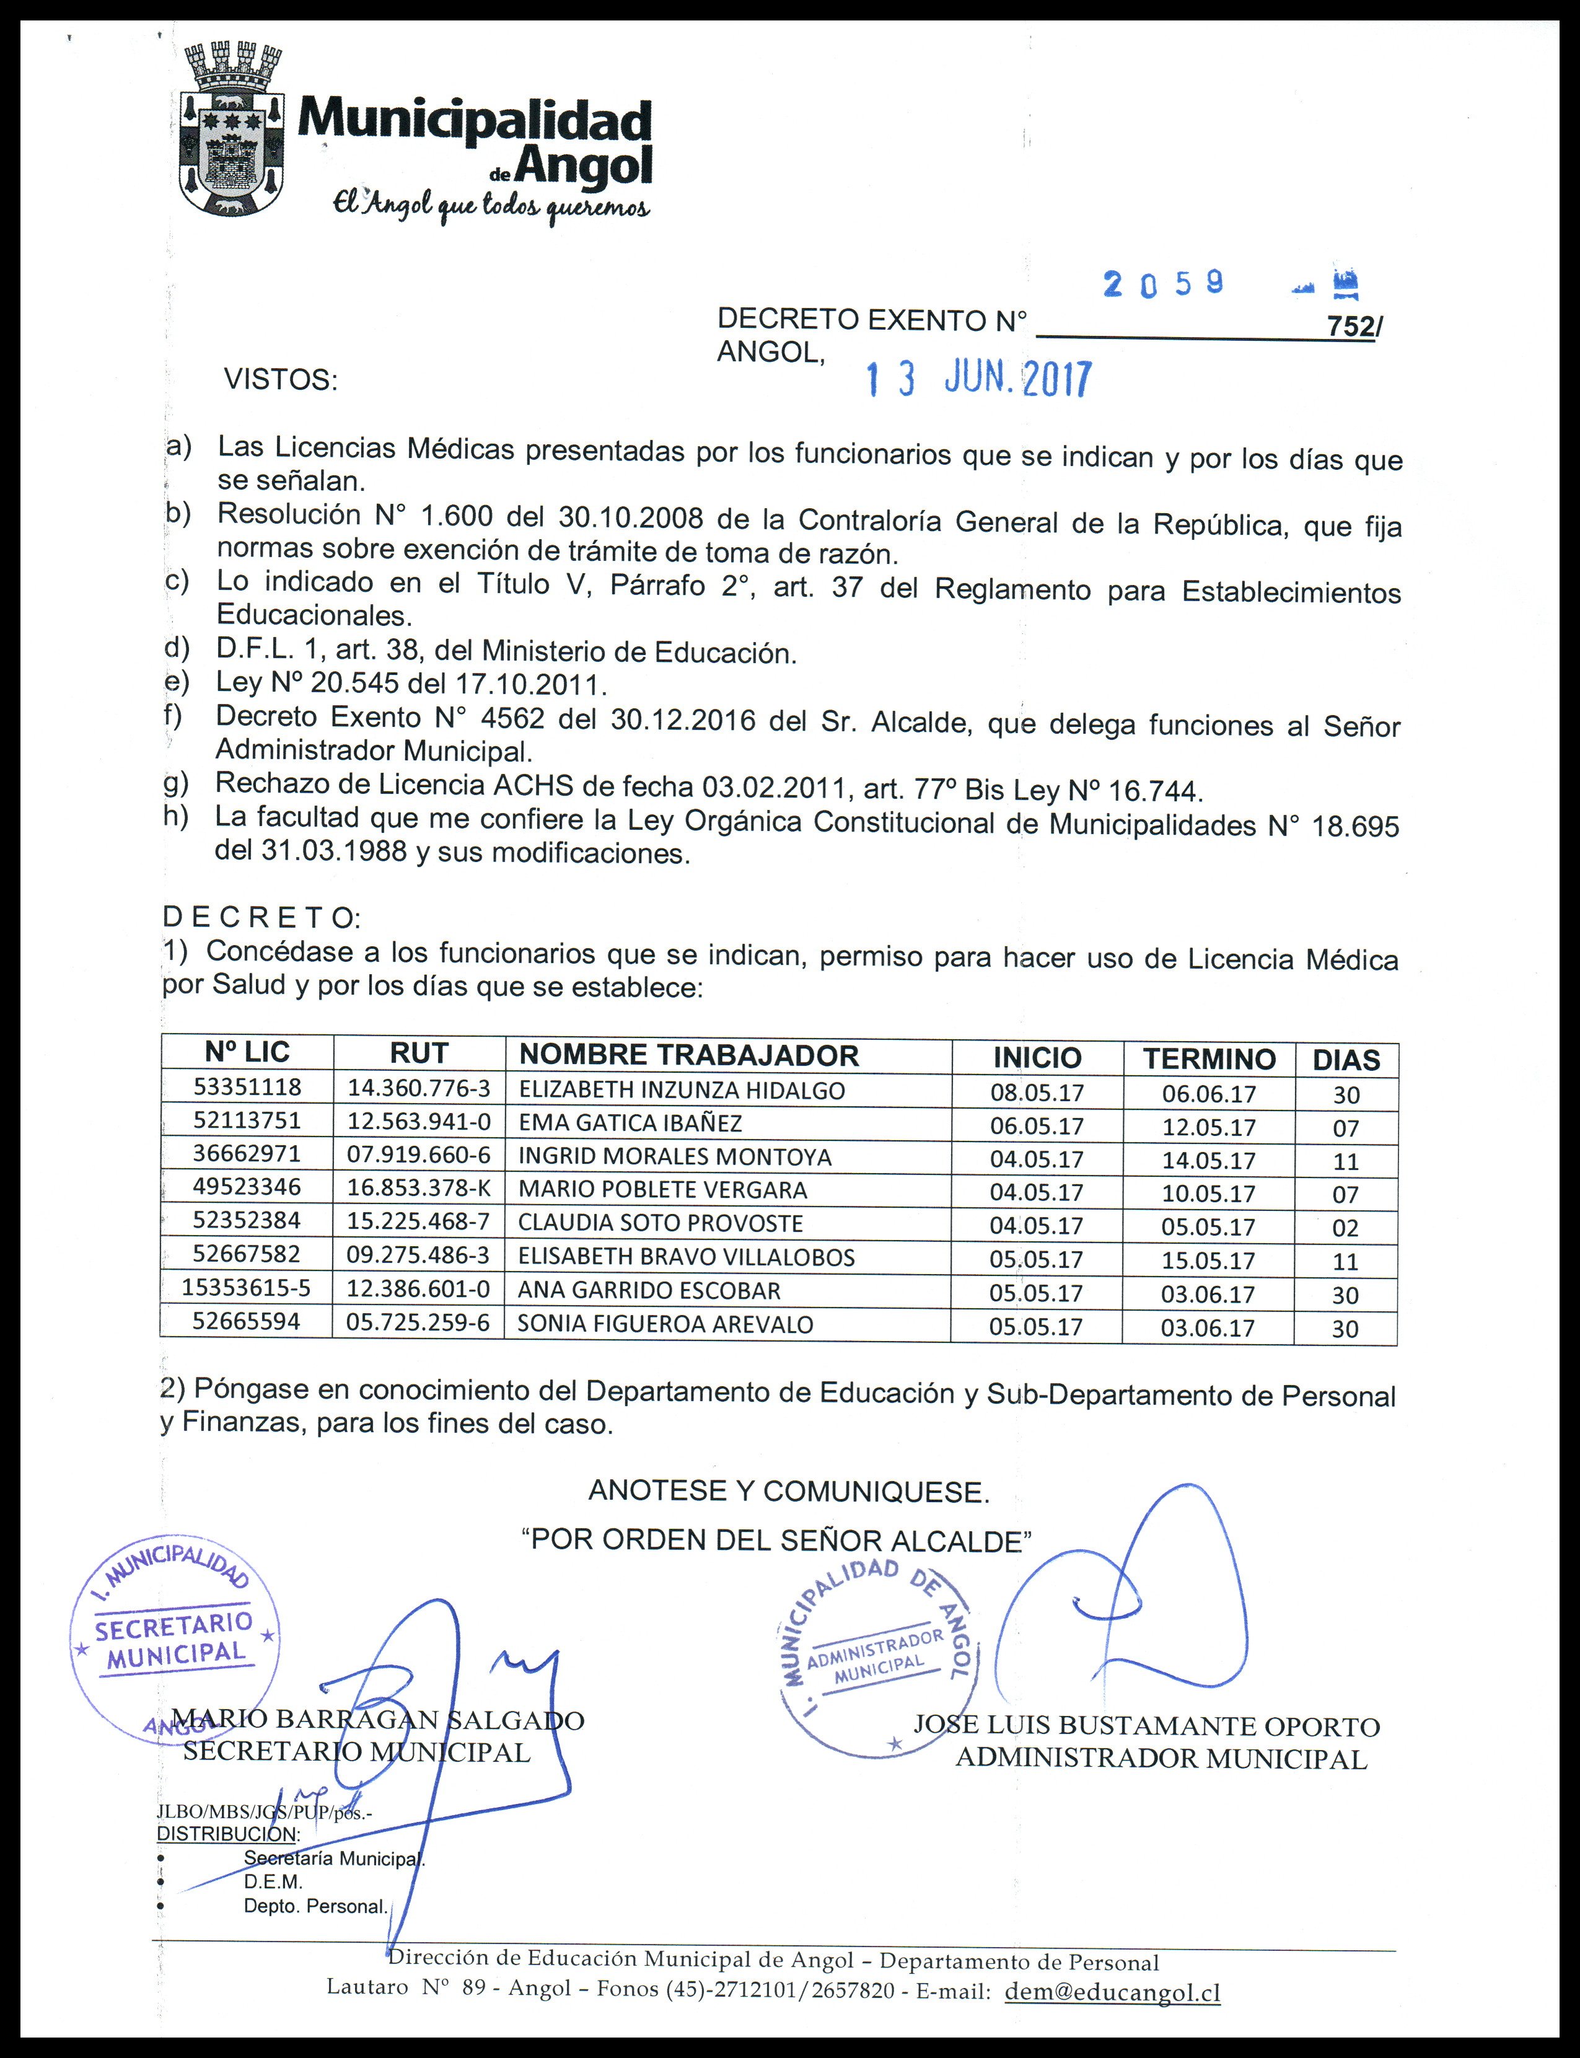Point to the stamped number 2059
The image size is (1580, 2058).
click(1164, 283)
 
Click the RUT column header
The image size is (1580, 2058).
click(418, 1053)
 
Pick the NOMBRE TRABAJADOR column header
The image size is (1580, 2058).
click(688, 1055)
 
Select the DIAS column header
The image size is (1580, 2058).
click(1346, 1060)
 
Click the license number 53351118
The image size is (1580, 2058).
click(247, 1088)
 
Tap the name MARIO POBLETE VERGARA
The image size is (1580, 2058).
click(662, 1190)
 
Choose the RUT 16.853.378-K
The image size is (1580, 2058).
click(418, 1188)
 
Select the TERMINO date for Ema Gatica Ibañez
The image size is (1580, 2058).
click(1208, 1127)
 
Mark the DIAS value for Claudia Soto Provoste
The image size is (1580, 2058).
click(1346, 1228)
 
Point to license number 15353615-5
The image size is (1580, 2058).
click(247, 1288)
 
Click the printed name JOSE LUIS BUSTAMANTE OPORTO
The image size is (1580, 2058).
click(1146, 1726)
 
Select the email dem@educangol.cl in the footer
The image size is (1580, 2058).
click(1113, 1991)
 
